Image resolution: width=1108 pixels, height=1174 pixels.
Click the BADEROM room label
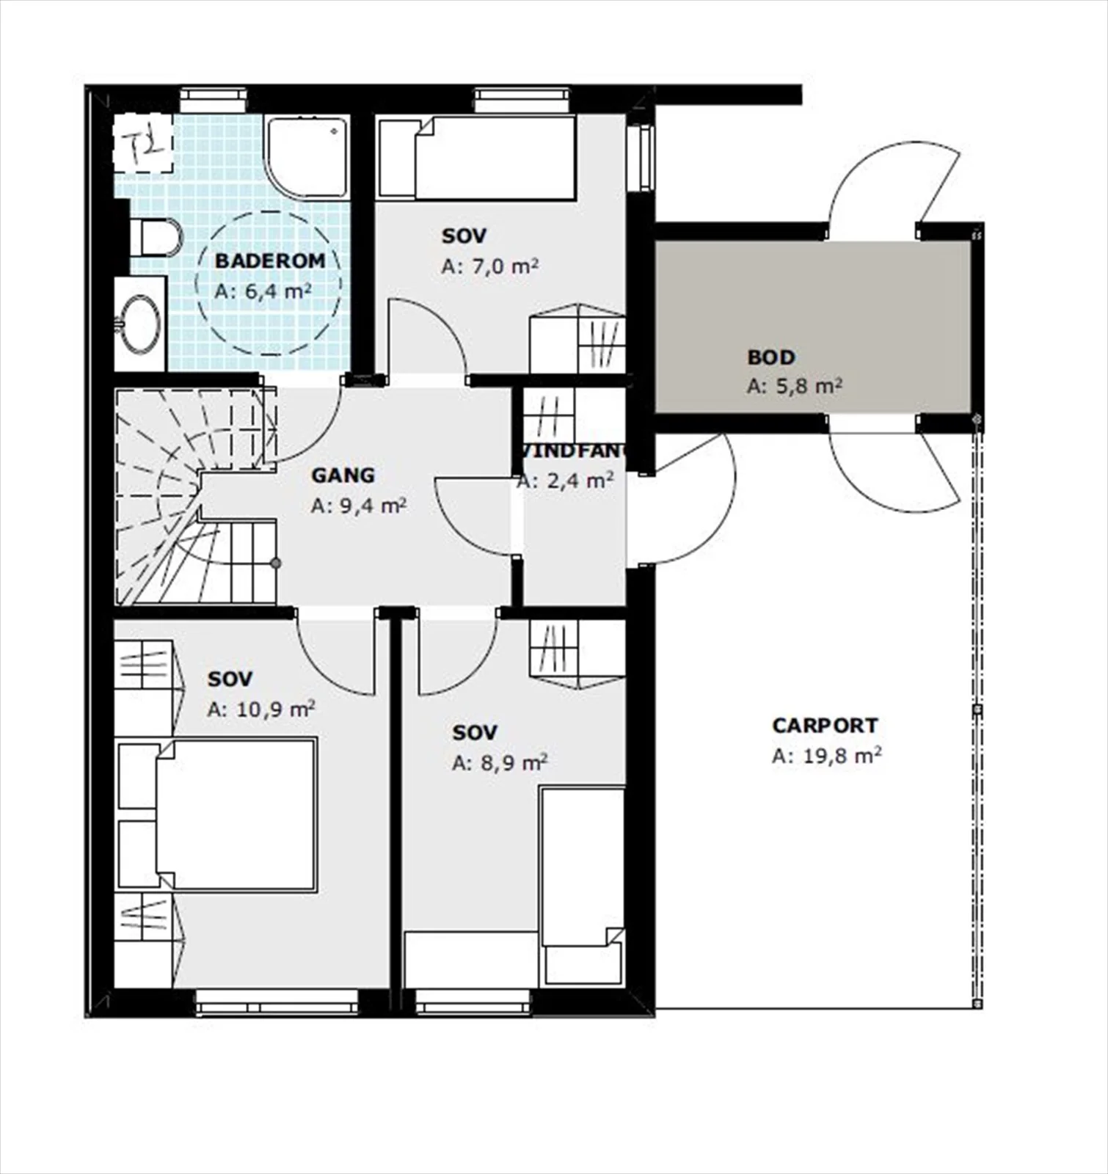pos(269,260)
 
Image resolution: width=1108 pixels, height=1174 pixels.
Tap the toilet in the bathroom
pos(155,237)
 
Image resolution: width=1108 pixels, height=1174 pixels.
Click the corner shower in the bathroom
pos(307,157)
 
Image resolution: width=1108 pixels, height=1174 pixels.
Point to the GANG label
pos(343,475)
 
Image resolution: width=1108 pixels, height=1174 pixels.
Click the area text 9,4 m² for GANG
pos(359,506)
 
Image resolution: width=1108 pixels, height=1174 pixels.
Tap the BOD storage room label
pos(771,357)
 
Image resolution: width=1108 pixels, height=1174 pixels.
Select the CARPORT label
pos(825,726)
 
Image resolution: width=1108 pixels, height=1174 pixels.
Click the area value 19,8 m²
pos(826,756)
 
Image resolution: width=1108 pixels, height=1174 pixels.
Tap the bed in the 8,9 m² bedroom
pos(582,887)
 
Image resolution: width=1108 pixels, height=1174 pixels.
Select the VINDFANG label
pos(572,451)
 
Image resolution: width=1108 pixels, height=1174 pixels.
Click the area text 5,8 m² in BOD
pos(795,386)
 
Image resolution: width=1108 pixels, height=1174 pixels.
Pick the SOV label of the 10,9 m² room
pos(230,679)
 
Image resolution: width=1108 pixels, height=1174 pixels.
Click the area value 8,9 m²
pos(500,763)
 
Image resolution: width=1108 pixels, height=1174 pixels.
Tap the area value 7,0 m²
pos(490,266)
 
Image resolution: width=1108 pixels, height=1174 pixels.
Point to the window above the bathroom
pos(214,100)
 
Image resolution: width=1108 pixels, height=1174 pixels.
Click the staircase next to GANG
pos(195,497)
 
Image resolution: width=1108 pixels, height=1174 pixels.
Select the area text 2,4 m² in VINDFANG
pos(566,481)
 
